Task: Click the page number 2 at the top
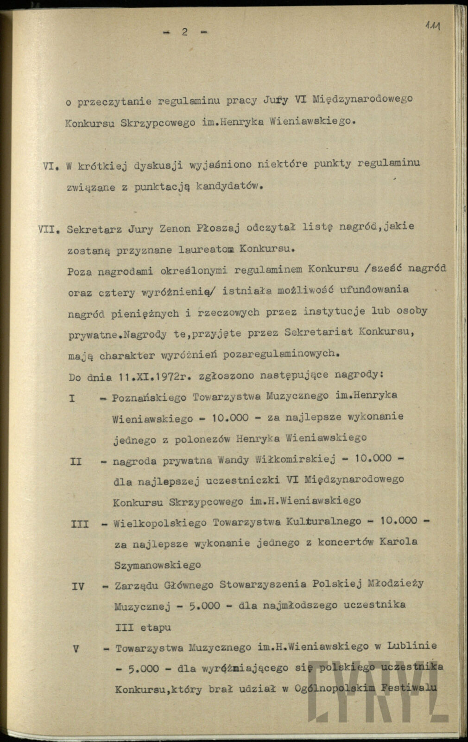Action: tap(184, 32)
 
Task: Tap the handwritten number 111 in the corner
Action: tap(432, 26)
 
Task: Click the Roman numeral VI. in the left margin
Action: tap(50, 167)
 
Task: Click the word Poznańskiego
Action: tap(149, 397)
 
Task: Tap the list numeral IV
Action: tap(78, 586)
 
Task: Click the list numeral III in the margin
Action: tap(79, 524)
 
